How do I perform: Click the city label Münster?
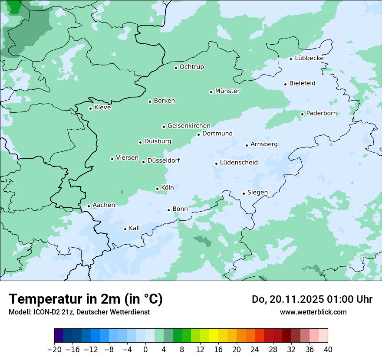(227, 91)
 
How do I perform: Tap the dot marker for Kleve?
(90, 108)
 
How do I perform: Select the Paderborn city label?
(321, 113)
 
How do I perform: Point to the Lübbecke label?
(309, 58)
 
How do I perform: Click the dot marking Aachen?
(89, 206)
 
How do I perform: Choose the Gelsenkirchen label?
(189, 126)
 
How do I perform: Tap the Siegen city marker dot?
(244, 193)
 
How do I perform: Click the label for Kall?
(134, 228)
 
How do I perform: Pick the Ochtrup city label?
(192, 67)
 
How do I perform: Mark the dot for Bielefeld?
(286, 84)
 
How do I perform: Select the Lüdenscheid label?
(239, 163)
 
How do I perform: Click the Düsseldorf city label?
(164, 160)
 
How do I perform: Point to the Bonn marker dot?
(169, 210)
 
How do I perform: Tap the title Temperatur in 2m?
(86, 299)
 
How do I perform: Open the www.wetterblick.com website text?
(313, 312)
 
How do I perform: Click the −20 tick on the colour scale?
(54, 350)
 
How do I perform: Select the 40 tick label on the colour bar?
(328, 350)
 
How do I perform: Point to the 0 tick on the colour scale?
(145, 350)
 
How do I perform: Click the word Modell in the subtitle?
(19, 312)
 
